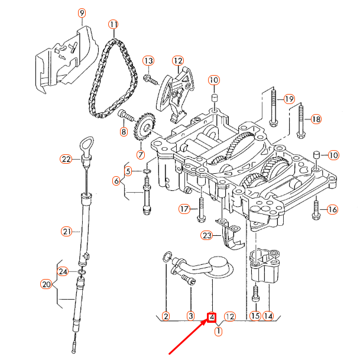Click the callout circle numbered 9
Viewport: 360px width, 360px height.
[x=82, y=13]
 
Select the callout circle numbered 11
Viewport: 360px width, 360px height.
[x=113, y=24]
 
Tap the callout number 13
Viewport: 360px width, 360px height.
[x=148, y=61]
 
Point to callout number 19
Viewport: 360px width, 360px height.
[x=288, y=99]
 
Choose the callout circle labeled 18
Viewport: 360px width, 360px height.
[x=316, y=119]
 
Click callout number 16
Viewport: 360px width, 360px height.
[x=332, y=209]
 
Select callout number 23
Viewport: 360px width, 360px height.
[x=206, y=235]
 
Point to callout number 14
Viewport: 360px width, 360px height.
[x=268, y=316]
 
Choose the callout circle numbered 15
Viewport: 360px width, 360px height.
[x=255, y=316]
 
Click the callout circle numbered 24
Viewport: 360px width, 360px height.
[x=64, y=271]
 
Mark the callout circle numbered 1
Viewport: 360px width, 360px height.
[x=218, y=331]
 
